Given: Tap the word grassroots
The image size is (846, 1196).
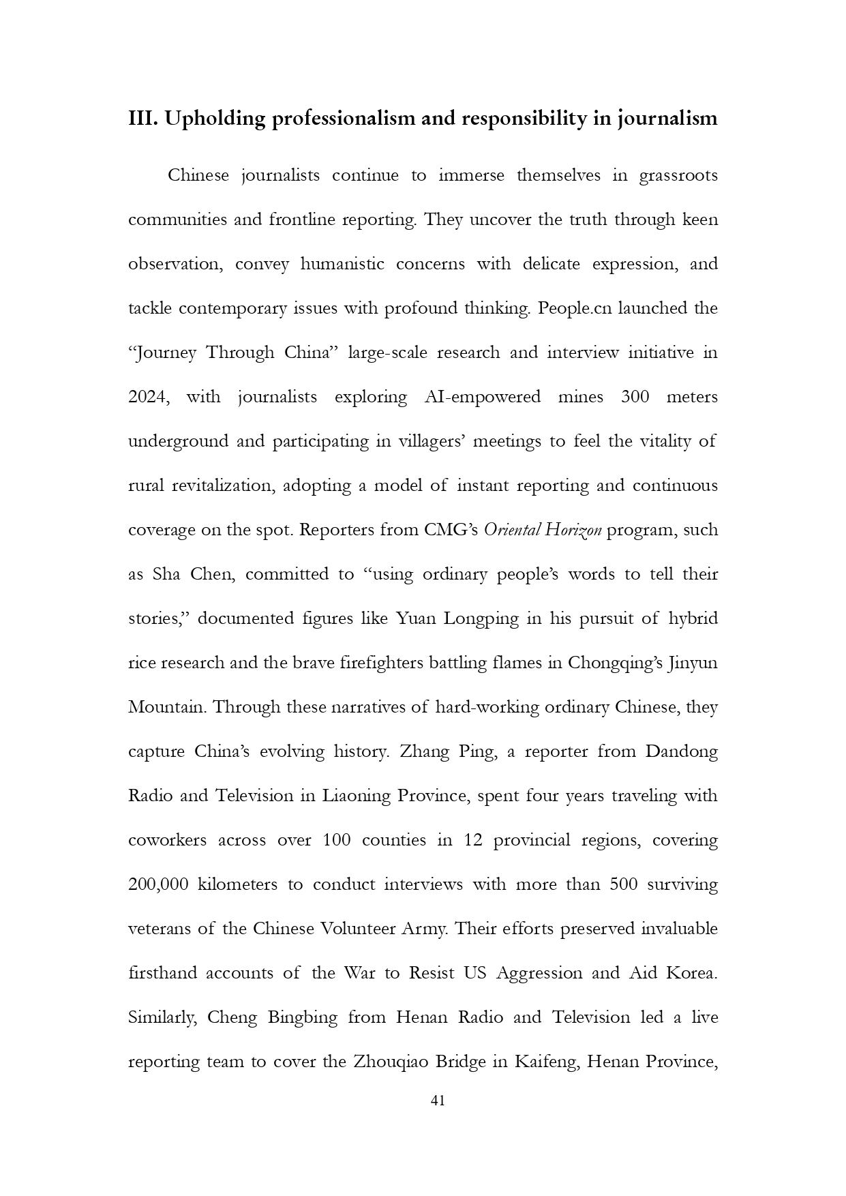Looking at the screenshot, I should pyautogui.click(x=678, y=176).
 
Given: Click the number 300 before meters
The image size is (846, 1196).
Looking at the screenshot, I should pyautogui.click(x=635, y=397).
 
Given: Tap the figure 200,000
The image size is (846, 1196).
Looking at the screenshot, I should pyautogui.click(x=158, y=884).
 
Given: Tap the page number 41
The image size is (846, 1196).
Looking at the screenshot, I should pyautogui.click(x=438, y=1100).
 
